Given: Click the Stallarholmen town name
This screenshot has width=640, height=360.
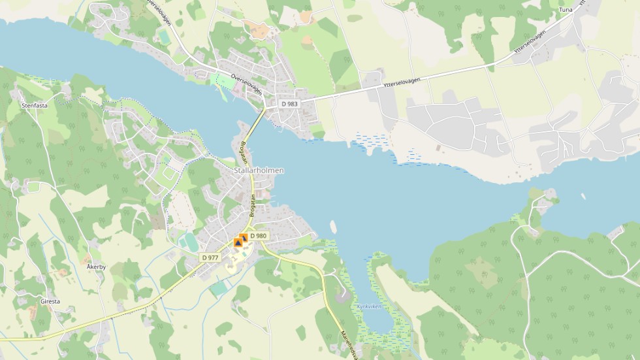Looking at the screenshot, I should pos(259,170).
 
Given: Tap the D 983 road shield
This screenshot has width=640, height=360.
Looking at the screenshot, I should pos(289,104).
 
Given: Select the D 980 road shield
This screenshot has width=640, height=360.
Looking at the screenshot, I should pos(258,236).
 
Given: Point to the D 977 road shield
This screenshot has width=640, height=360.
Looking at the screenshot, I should pos(210,257).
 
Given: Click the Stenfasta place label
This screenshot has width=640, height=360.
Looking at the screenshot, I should pos(35,105).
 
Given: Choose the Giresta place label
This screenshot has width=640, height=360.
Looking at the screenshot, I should pos(50,302).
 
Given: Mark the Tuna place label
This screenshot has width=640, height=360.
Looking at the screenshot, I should pos(566,10).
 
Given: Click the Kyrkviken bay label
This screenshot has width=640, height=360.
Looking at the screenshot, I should pos(368,306).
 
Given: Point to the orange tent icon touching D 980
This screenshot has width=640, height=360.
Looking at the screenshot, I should pos(244,238).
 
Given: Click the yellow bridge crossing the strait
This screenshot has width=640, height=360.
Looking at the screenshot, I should pos(257,123).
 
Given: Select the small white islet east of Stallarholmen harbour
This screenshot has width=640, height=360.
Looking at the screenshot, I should pos(333,226).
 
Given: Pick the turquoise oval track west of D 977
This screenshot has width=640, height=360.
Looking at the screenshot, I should pos(189,242).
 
